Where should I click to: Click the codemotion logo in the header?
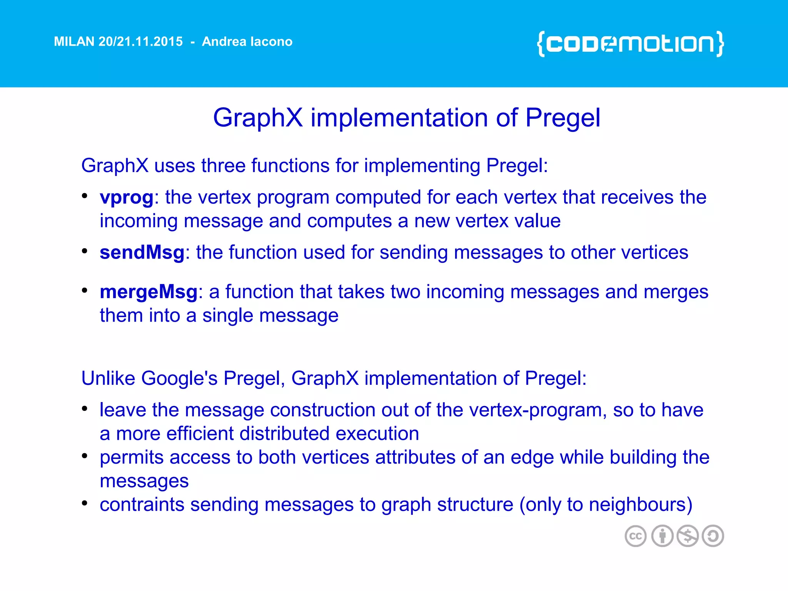[630, 43]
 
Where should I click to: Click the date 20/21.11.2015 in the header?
[140, 42]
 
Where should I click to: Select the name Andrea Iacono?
[247, 42]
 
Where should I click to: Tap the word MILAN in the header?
[74, 42]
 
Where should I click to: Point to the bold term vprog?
[127, 198]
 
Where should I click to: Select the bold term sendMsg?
[142, 253]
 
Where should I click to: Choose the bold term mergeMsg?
[149, 292]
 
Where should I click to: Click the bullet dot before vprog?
[85, 195]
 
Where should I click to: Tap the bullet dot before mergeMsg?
[85, 290]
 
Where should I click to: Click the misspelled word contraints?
[142, 504]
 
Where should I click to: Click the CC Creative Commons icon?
[635, 536]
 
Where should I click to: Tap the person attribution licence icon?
[662, 536]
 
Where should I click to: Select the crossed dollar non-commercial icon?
[688, 536]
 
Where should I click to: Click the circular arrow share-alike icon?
[713, 536]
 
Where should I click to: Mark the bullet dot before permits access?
[85, 456]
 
